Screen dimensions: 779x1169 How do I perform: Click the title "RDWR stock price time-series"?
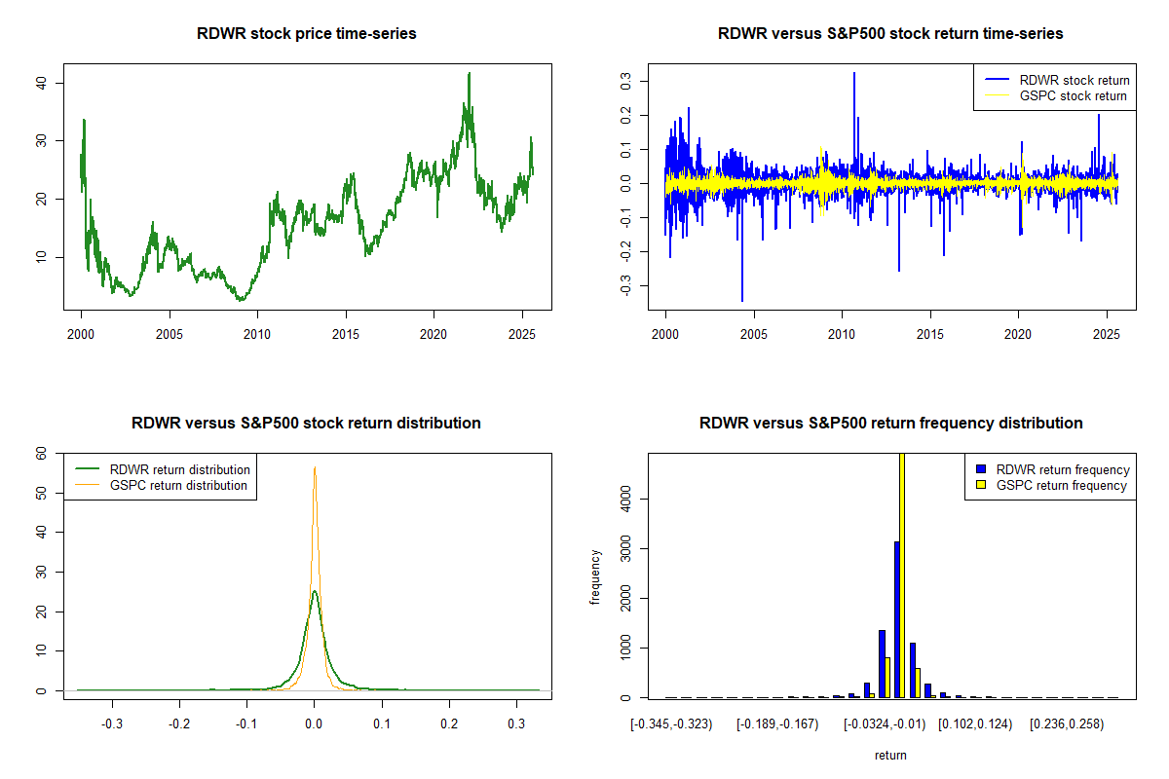(307, 34)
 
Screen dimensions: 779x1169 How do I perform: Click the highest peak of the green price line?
(470, 73)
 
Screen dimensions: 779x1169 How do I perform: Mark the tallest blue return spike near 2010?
(854, 73)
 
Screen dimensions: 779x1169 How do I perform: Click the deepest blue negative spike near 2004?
(742, 300)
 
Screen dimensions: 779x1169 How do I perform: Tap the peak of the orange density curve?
(315, 468)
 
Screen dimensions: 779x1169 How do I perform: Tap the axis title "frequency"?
(595, 575)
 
